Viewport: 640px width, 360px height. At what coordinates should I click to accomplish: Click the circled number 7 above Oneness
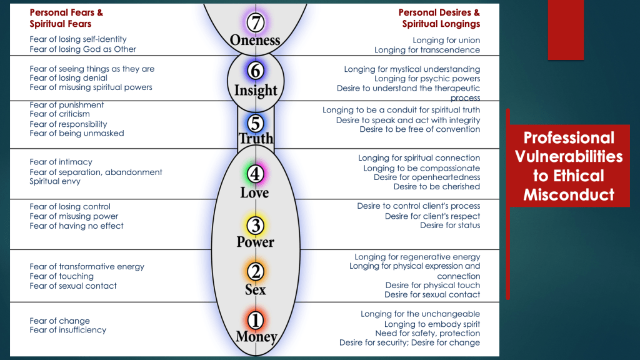click(x=255, y=22)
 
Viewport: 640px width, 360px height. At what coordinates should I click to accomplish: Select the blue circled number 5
click(x=255, y=122)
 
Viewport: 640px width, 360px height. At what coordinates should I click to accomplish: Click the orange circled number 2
click(x=255, y=271)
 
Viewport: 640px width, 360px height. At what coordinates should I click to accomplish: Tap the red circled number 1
click(x=255, y=320)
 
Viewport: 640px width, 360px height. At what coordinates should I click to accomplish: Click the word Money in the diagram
click(x=256, y=337)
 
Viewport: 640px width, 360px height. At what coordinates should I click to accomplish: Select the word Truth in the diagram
click(x=256, y=139)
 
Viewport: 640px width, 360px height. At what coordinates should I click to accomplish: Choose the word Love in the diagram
click(x=255, y=192)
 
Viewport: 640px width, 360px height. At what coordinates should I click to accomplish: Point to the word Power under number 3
click(x=255, y=241)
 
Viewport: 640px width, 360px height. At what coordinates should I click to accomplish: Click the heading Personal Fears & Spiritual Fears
click(x=66, y=18)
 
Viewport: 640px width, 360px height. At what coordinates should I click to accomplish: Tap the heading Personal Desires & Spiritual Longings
click(x=439, y=18)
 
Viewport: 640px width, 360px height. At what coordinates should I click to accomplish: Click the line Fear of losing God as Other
click(x=82, y=49)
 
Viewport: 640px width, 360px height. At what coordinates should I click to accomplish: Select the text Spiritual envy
click(x=55, y=182)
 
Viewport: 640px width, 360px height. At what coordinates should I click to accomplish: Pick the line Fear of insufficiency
click(x=67, y=330)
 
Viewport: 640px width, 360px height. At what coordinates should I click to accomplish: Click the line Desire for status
click(x=450, y=226)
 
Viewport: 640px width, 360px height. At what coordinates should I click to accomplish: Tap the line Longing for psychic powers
click(x=427, y=79)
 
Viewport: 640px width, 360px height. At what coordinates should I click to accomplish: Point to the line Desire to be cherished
click(x=436, y=187)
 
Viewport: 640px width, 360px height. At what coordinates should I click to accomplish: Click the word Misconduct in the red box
click(x=568, y=195)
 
